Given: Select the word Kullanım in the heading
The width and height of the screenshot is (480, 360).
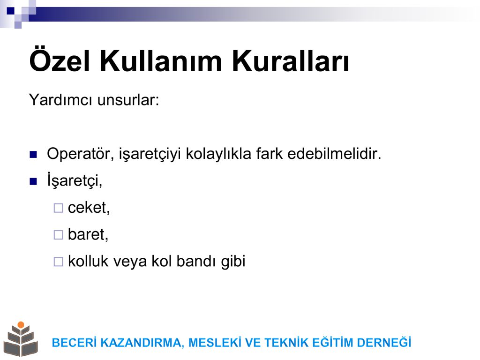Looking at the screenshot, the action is click(161, 60).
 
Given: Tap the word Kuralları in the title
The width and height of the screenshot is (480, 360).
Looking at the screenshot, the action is click(291, 60).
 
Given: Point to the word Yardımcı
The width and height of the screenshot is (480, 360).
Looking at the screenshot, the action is click(60, 100).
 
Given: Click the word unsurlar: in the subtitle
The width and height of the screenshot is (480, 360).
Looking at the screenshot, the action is click(128, 100).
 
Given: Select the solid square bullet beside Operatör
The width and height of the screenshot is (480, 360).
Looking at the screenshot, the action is click(33, 154).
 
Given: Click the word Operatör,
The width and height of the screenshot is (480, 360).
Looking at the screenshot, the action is click(81, 154).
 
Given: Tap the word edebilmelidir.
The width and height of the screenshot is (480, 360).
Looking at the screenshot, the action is click(334, 154).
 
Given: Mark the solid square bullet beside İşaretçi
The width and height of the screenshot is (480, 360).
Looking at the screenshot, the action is click(33, 181).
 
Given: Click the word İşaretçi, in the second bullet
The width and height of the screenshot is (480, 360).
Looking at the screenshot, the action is click(75, 180).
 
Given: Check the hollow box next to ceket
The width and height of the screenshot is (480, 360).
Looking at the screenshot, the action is click(58, 208).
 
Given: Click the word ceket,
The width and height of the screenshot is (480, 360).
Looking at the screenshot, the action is click(89, 208).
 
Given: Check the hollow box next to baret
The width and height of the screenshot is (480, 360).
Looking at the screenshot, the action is click(58, 235).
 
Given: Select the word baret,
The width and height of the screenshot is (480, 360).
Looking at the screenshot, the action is click(88, 234).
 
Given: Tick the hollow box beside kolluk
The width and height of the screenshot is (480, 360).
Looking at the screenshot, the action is click(58, 262).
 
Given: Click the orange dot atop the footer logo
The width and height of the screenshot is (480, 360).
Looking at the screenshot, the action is click(21, 325).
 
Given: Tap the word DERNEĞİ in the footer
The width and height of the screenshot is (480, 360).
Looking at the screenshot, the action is click(384, 343).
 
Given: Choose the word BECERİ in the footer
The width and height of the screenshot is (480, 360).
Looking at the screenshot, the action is click(75, 343).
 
